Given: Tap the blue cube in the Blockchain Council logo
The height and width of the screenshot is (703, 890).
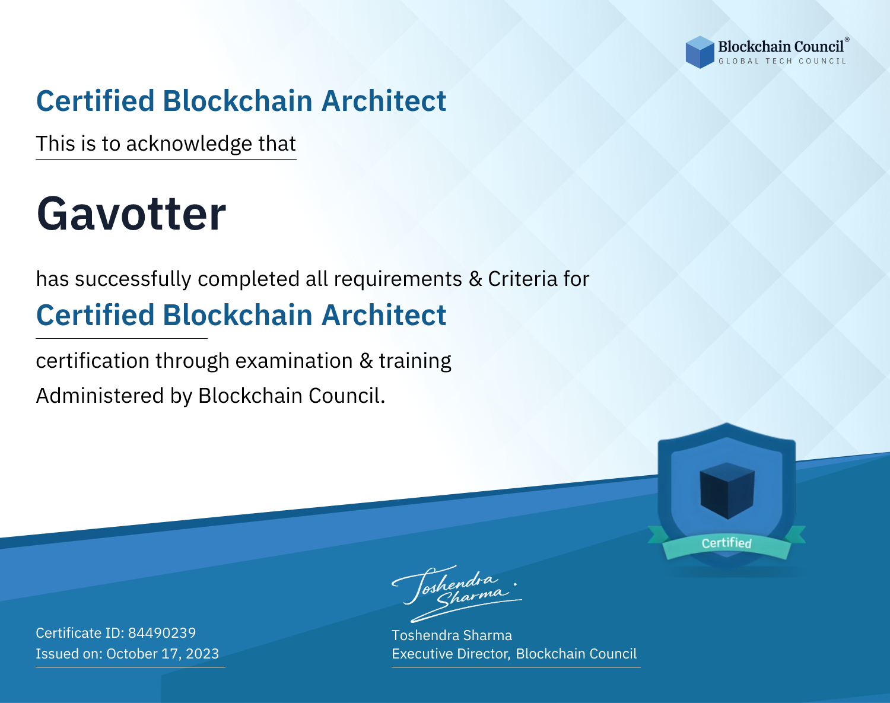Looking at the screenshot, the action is point(700,52).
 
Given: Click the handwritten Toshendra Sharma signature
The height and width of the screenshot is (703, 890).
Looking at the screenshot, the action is point(457,593).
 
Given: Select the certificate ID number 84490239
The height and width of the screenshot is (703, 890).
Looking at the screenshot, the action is point(162,632).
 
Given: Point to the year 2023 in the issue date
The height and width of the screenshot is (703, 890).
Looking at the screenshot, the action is point(202,653).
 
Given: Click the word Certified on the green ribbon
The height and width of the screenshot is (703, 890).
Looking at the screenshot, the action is point(727,543).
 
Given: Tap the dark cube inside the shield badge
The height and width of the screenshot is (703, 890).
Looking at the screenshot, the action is point(727,491).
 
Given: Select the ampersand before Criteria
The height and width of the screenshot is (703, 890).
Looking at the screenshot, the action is point(475,279).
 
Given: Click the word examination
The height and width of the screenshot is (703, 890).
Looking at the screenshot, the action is point(294,361).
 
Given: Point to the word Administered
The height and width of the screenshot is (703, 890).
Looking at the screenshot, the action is point(100,395).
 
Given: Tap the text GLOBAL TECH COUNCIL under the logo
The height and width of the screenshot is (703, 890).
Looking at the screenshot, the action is point(783,61).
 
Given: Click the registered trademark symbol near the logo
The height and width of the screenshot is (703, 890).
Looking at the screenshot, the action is point(847,39).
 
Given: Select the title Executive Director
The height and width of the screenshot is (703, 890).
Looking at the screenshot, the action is point(451,654).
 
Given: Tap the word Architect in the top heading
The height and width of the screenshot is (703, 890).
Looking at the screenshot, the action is point(384,101).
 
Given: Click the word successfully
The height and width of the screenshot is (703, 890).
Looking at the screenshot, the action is point(133,279).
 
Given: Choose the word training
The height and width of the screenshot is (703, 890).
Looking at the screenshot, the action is point(415,361).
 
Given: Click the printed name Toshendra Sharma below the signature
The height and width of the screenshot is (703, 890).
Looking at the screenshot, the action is point(452,635).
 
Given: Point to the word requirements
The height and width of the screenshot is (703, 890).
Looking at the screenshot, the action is point(398,279).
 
